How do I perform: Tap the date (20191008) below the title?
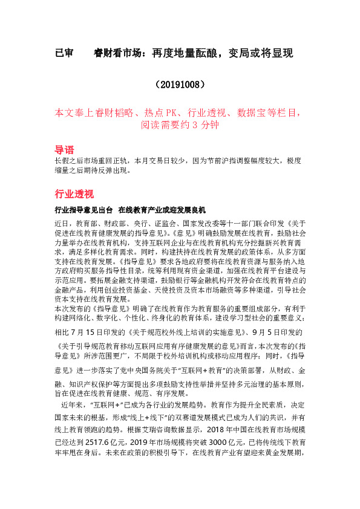(x=180, y=83)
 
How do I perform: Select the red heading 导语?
(x=65, y=149)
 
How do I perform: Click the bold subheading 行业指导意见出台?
(x=83, y=210)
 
